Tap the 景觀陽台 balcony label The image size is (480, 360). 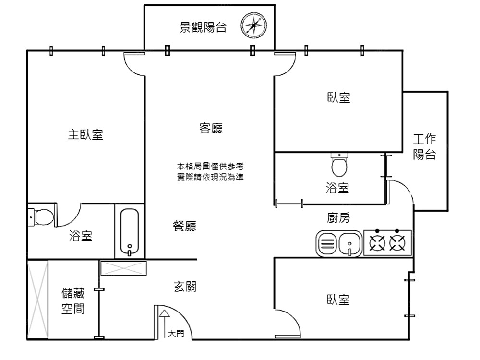tap(203, 28)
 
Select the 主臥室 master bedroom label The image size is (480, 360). tap(85, 135)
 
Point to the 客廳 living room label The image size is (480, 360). tap(211, 129)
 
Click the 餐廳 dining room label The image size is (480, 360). tap(184, 226)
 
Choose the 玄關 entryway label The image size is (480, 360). tap(184, 287)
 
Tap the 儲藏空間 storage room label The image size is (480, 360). tap(73, 301)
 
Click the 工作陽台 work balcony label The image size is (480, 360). tap(424, 147)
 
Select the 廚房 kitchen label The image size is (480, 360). tap(338, 218)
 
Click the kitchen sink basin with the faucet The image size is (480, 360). tap(350, 243)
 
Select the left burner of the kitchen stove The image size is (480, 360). tap(377, 243)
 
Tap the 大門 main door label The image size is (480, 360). tap(176, 333)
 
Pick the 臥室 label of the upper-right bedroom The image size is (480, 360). tap(338, 97)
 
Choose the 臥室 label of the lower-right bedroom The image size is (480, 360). tap(338, 300)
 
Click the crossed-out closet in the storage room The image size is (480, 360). tap(37, 300)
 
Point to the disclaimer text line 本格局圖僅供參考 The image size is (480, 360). tap(210, 167)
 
